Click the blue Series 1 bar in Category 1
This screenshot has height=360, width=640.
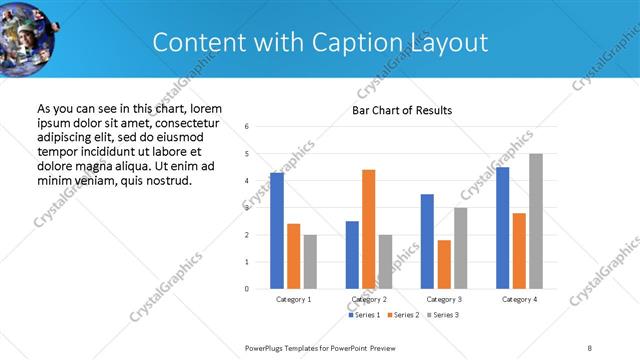pyautogui.click(x=277, y=231)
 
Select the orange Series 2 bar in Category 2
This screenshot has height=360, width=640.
pyautogui.click(x=369, y=229)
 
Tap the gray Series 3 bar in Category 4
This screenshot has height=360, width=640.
pyautogui.click(x=536, y=221)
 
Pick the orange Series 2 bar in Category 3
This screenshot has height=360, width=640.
pyautogui.click(x=444, y=264)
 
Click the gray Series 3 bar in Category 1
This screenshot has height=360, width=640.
pyautogui.click(x=310, y=261)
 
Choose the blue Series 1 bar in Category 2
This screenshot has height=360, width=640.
pyautogui.click(x=352, y=255)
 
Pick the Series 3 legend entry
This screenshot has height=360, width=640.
pyautogui.click(x=444, y=315)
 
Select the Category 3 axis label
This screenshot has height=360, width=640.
pyautogui.click(x=443, y=299)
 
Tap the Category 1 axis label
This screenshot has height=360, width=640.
pyautogui.click(x=293, y=299)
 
